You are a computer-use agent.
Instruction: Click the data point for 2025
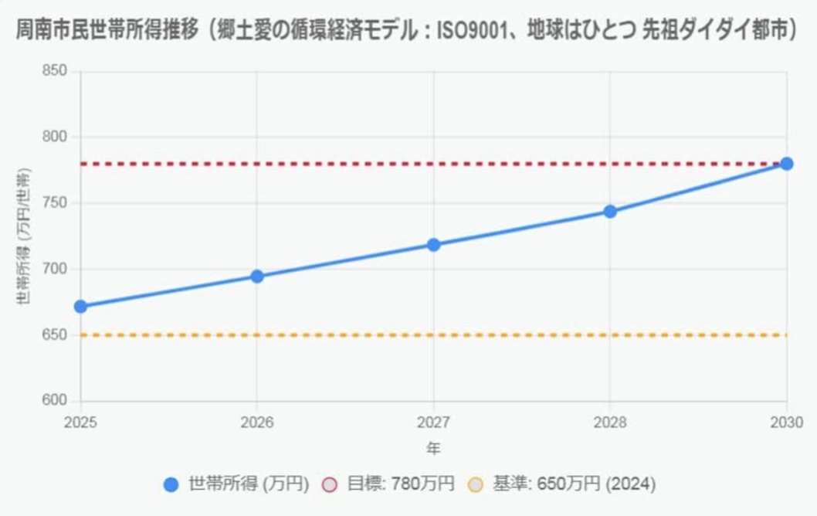pos(80,307)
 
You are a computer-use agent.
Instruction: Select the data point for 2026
pos(257,277)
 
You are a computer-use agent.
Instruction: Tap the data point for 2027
pos(433,245)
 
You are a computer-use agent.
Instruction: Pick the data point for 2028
pos(610,212)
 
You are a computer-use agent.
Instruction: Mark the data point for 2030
pos(786,164)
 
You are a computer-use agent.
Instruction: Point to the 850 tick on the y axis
pos(58,71)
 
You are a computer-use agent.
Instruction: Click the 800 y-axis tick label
pos(58,137)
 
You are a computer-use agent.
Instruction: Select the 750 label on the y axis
pos(58,203)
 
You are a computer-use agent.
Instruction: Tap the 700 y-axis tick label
pos(58,270)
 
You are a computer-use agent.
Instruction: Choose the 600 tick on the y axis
pos(58,401)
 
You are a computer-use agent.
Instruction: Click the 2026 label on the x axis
pos(257,422)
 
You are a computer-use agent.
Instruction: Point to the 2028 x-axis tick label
pos(610,422)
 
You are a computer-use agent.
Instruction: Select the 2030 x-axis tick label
pos(786,422)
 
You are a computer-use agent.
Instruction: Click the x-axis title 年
pos(433,448)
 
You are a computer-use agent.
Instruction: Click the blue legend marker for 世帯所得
pos(171,484)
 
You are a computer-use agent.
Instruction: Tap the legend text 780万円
pos(422,484)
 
